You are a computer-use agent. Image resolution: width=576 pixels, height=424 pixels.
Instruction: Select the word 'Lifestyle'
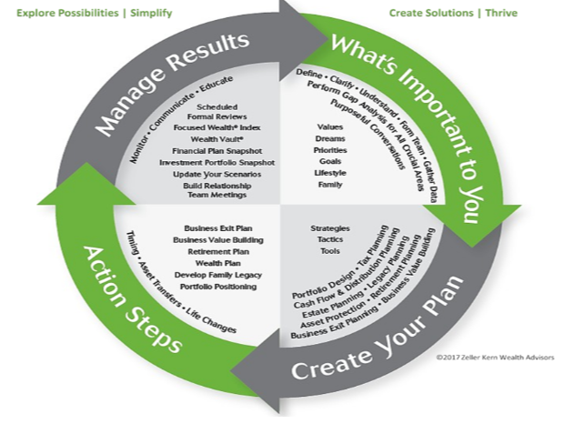pyautogui.click(x=330, y=172)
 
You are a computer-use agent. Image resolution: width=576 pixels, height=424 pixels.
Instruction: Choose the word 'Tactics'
pyautogui.click(x=329, y=238)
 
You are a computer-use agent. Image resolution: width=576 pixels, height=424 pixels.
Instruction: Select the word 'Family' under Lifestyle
pyautogui.click(x=330, y=184)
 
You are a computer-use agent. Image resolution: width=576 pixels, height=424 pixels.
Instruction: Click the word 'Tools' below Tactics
pyautogui.click(x=329, y=250)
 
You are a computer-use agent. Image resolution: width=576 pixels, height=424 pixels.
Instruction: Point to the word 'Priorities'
pyautogui.click(x=330, y=149)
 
